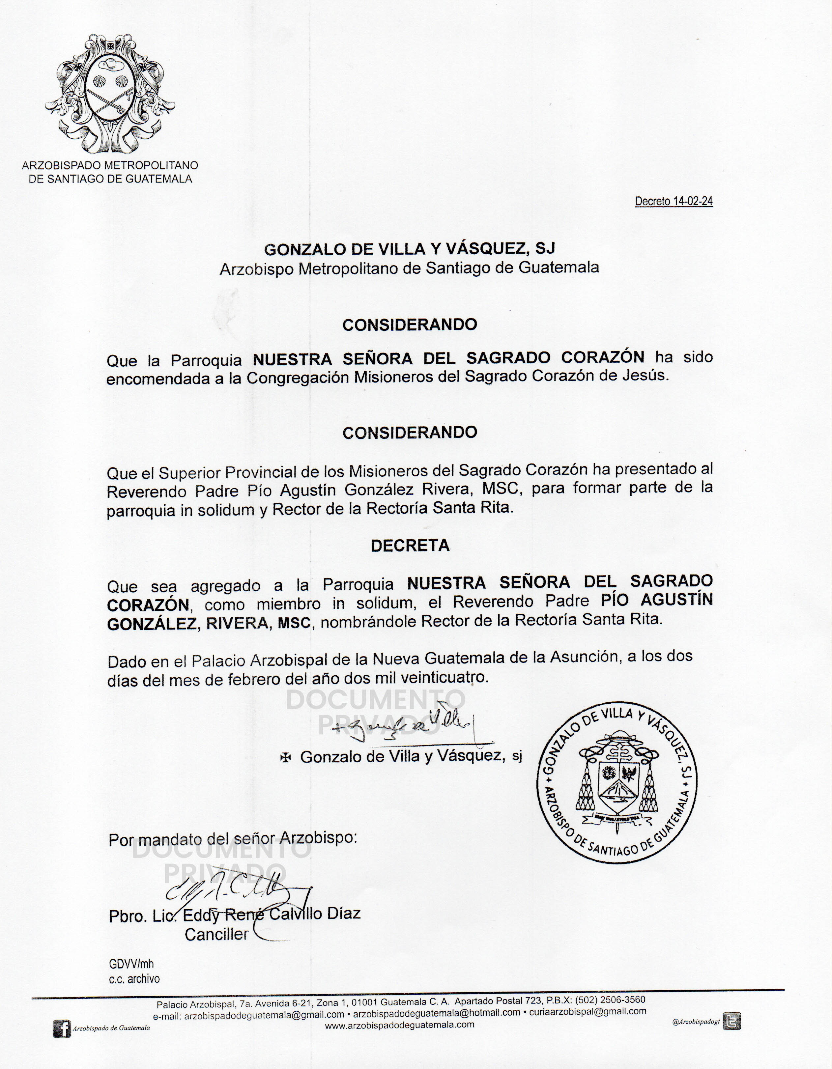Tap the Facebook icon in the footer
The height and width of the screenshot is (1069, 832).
point(62,1029)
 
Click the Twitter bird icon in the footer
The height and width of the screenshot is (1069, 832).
point(732,1022)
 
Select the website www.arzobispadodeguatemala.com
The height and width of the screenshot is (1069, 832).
point(400,1025)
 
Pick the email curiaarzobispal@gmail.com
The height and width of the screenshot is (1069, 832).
point(588,1012)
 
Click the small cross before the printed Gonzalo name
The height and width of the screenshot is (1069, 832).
point(285,758)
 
